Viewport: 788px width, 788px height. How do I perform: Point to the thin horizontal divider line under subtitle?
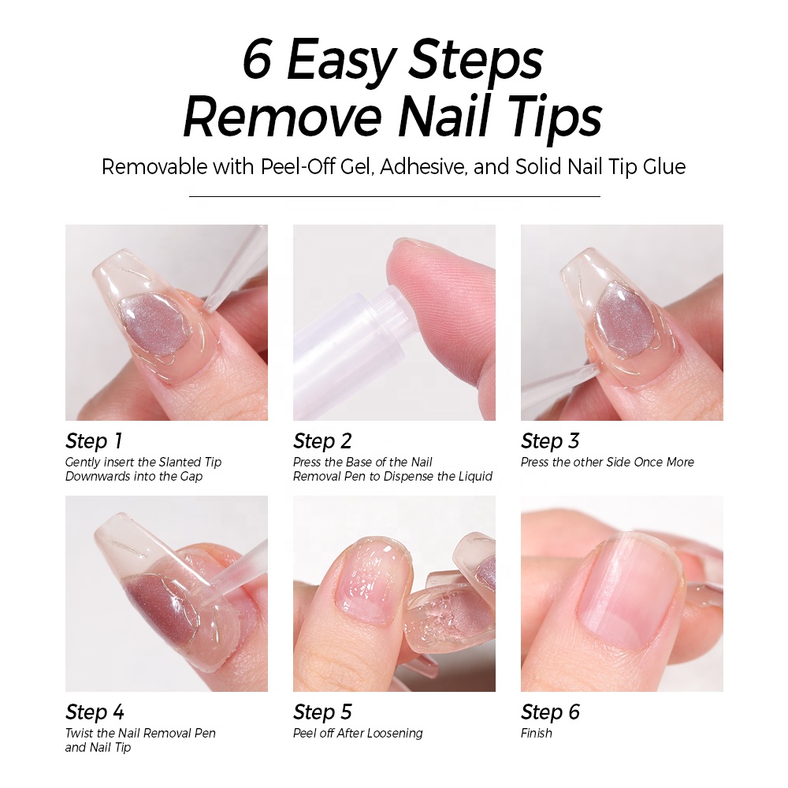[394, 196]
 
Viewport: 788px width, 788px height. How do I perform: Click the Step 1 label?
[94, 441]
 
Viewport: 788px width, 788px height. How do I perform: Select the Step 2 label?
[322, 441]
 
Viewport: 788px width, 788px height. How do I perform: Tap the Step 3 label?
[550, 441]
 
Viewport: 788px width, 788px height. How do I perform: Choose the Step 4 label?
[95, 712]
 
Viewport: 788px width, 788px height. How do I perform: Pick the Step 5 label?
[322, 712]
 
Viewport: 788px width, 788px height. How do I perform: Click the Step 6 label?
[550, 712]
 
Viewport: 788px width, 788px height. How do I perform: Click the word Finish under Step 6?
[537, 734]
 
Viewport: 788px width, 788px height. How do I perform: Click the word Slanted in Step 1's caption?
[181, 463]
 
